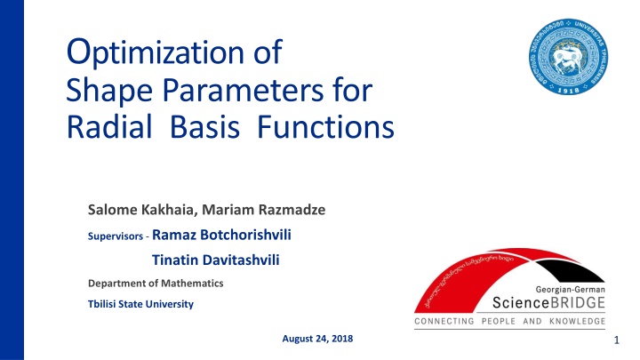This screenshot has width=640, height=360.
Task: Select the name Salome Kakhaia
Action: point(139,211)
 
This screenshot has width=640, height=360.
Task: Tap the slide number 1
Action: point(614,340)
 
